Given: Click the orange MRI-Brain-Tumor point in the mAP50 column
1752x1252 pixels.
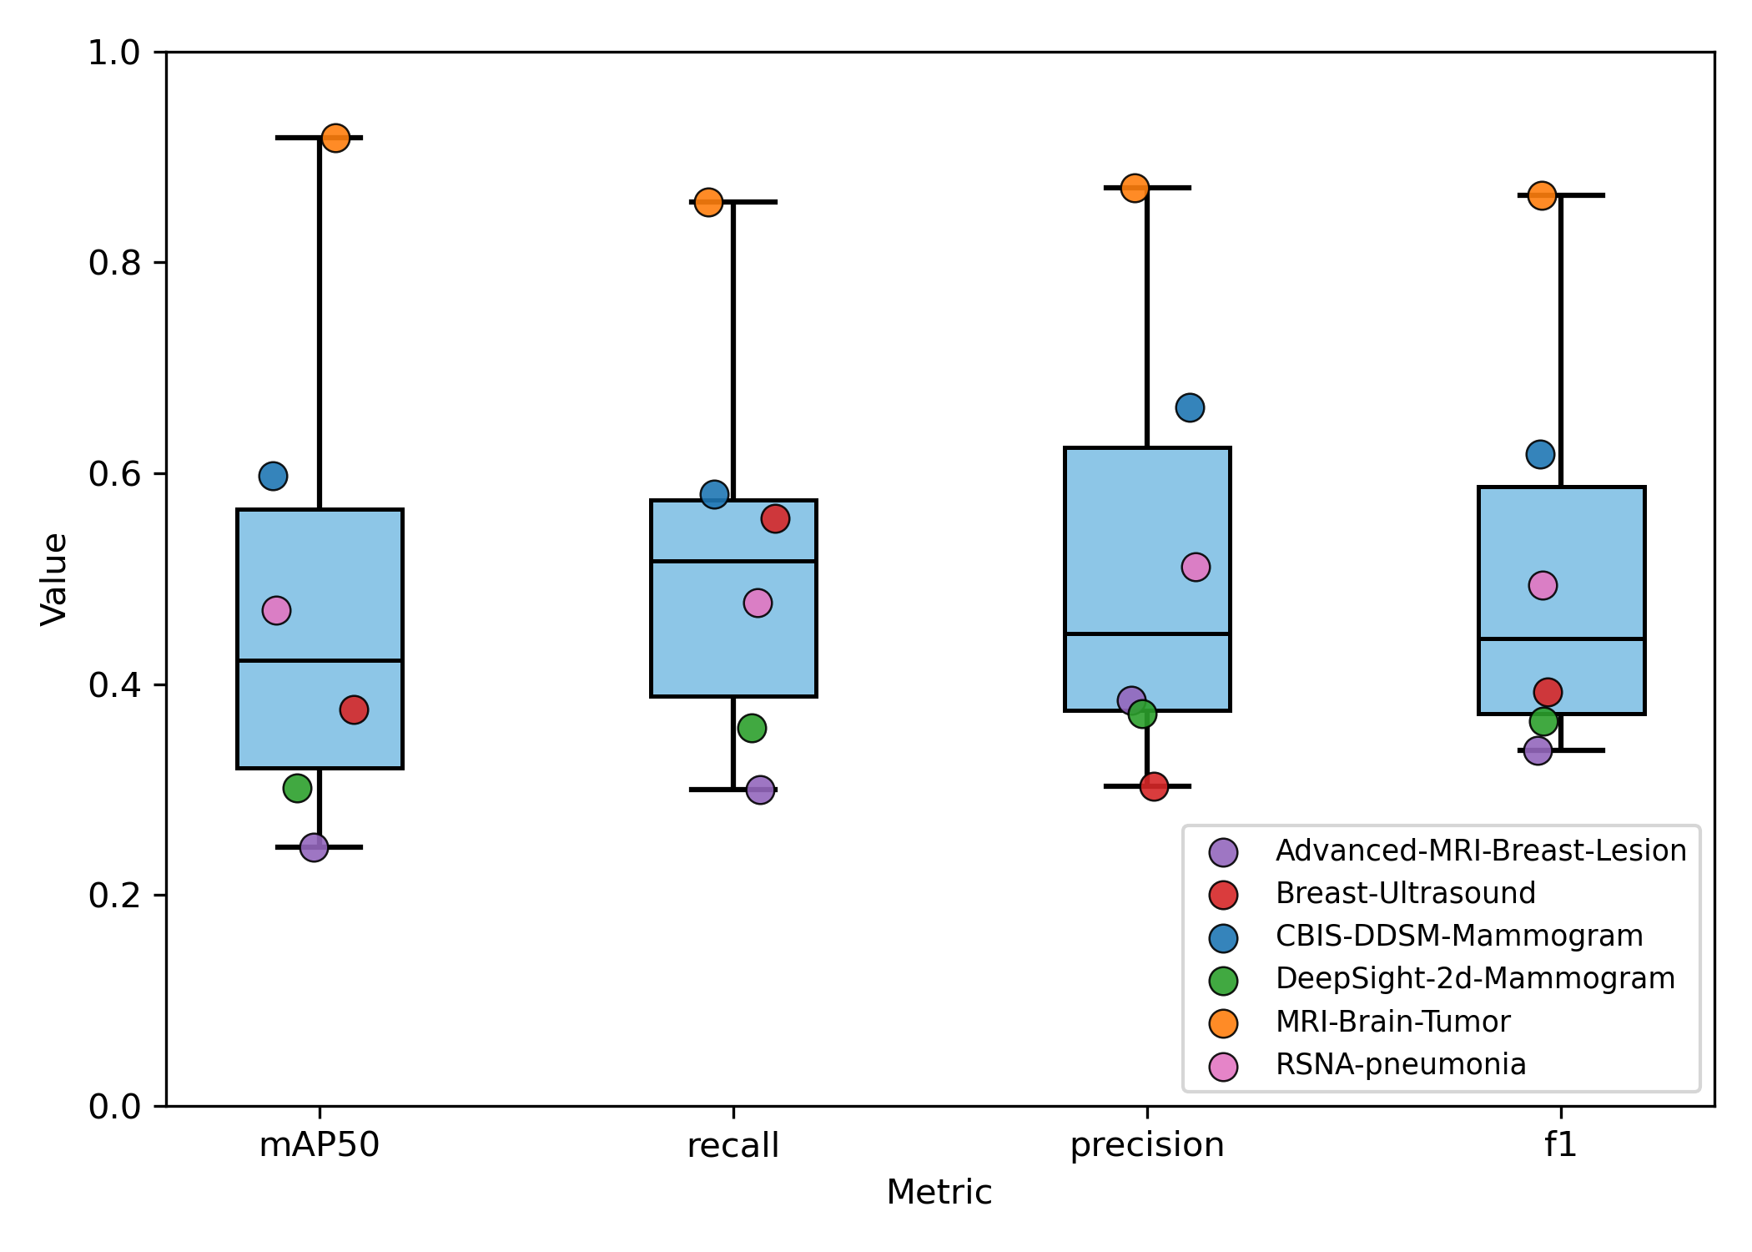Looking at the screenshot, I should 335,138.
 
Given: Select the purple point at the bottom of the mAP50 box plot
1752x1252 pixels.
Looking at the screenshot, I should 314,848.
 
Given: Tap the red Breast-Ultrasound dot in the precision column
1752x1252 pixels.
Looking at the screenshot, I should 1154,786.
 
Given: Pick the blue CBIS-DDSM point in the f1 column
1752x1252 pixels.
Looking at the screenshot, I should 1540,455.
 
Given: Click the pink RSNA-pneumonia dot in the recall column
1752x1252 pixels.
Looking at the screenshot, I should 758,603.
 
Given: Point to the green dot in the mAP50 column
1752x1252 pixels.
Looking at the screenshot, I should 298,788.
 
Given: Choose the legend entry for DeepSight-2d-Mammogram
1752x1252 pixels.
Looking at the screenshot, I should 1475,978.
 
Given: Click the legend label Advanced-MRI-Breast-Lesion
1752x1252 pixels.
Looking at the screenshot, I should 1481,851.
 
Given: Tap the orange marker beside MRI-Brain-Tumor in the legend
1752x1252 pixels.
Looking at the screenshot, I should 1223,1022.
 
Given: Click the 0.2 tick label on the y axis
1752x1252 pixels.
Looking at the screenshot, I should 114,896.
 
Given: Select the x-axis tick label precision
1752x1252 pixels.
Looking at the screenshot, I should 1147,1144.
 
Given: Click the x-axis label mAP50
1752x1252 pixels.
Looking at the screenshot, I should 320,1144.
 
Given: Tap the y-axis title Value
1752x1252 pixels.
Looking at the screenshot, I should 55,579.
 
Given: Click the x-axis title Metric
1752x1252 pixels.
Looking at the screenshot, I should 939,1192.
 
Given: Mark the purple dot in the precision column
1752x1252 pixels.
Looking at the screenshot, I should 1130,700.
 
